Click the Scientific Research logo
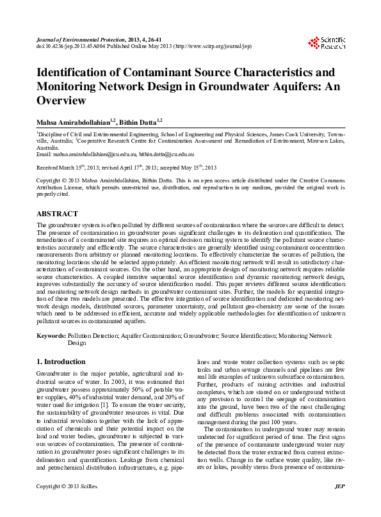[326, 43]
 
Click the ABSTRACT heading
[57, 214]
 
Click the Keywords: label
[51, 335]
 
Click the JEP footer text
[340, 504]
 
